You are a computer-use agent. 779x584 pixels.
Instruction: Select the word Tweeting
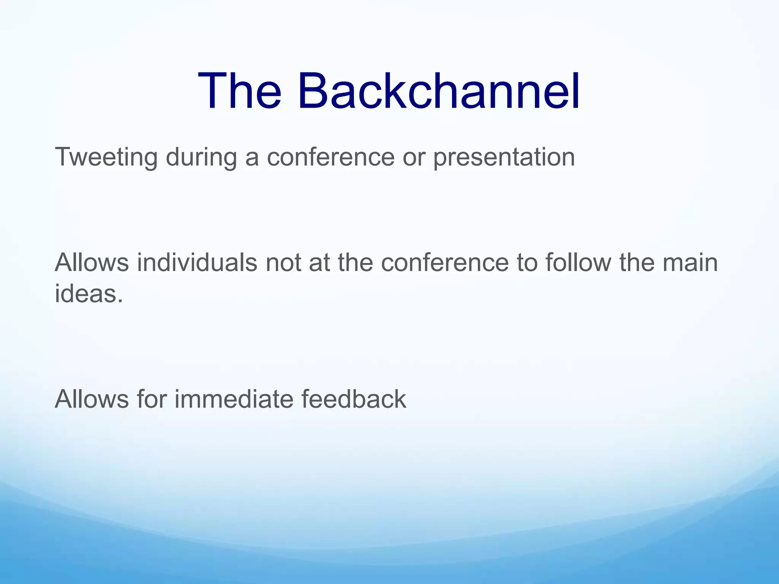tap(106, 157)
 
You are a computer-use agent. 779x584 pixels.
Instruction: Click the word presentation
tap(504, 157)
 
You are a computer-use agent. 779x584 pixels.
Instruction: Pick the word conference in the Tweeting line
tap(331, 157)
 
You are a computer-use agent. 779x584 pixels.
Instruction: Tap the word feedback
tap(354, 399)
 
